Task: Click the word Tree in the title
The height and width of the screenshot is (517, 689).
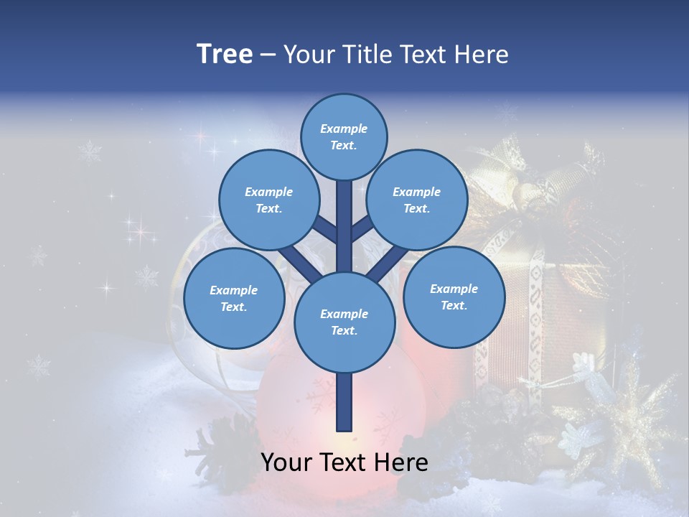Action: (224, 55)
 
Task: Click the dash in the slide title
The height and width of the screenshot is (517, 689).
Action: (268, 55)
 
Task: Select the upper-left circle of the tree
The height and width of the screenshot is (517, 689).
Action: (268, 200)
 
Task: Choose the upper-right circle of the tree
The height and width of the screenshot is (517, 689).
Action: (416, 200)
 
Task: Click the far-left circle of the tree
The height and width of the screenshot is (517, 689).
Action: (233, 298)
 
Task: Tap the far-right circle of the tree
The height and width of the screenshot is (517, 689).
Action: (454, 297)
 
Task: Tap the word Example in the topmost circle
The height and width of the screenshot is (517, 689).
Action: (344, 129)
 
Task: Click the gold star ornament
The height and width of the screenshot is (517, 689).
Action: (632, 424)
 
